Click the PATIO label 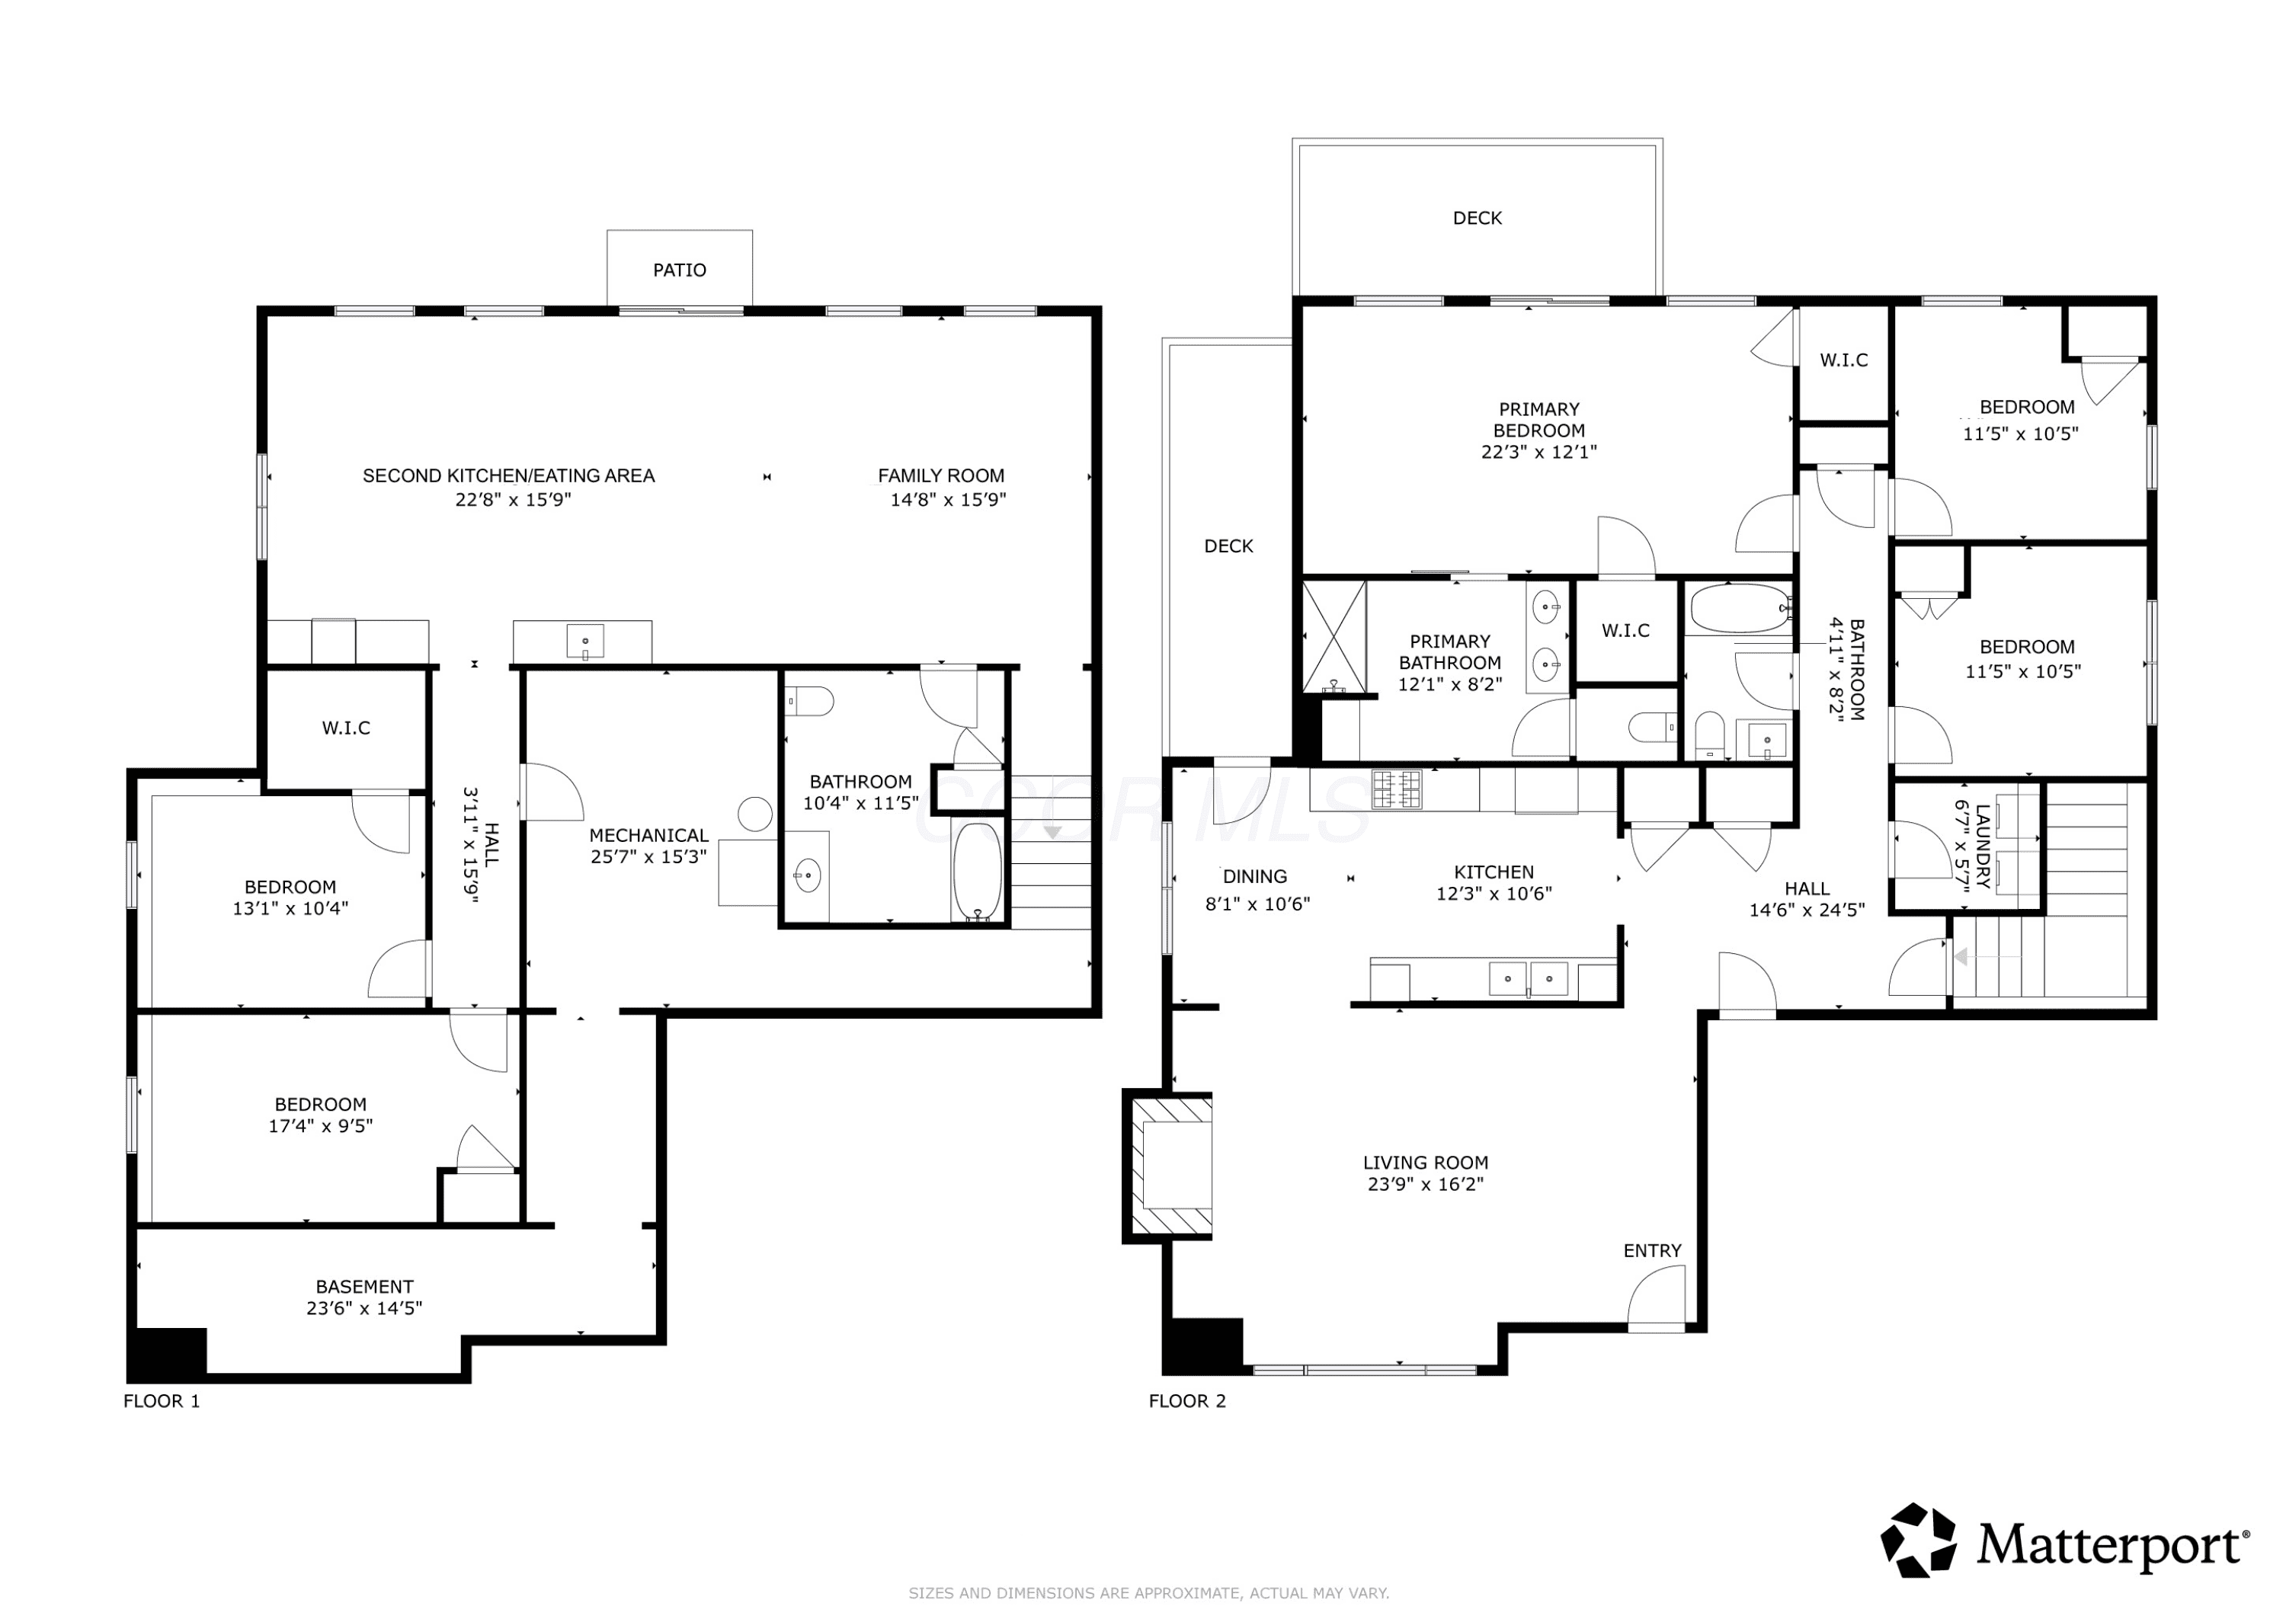pyautogui.click(x=680, y=270)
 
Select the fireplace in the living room pyautogui.click(x=1170, y=1166)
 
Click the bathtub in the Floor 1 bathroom pyautogui.click(x=977, y=871)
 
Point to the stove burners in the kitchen pyautogui.click(x=1397, y=789)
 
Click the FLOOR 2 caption pyautogui.click(x=1186, y=1401)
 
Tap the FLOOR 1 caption pyautogui.click(x=162, y=1401)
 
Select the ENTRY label pyautogui.click(x=1653, y=1250)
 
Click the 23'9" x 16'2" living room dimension pyautogui.click(x=1426, y=1184)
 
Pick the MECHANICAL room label pyautogui.click(x=649, y=835)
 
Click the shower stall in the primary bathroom pyautogui.click(x=1334, y=636)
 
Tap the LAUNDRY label pyautogui.click(x=1982, y=846)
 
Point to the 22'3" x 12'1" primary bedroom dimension pyautogui.click(x=1539, y=451)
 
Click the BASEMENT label pyautogui.click(x=364, y=1286)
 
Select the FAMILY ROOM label pyautogui.click(x=941, y=476)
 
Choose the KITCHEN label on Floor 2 pyautogui.click(x=1494, y=872)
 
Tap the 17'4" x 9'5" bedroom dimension pyautogui.click(x=321, y=1126)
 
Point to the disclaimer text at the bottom pyautogui.click(x=1149, y=1593)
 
